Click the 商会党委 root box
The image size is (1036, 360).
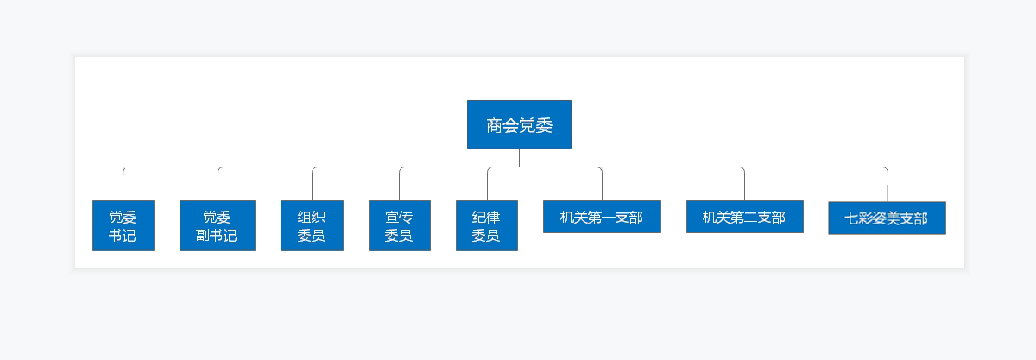519,124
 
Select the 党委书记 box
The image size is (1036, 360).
123,225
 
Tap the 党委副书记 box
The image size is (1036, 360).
217,225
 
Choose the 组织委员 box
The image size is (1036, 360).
312,225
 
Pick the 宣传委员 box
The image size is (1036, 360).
399,225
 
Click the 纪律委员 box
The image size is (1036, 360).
486,225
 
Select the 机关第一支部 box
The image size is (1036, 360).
602,217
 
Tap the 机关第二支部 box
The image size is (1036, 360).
744,217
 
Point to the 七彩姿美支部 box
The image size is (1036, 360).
887,218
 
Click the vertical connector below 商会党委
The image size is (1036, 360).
519,158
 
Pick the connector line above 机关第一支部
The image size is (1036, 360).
602,184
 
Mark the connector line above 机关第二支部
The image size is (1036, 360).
744,184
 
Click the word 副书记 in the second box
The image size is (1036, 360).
217,236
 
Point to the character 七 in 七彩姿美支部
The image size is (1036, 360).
851,218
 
